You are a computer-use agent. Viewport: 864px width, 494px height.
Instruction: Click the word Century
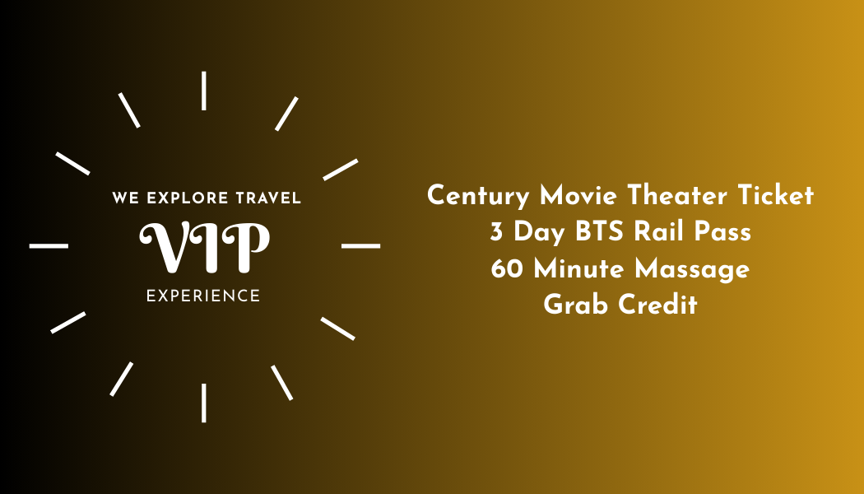click(478, 197)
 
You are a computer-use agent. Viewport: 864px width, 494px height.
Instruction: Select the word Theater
click(677, 195)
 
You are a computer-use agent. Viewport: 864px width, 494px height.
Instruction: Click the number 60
click(507, 269)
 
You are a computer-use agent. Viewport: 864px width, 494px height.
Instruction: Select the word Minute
click(578, 268)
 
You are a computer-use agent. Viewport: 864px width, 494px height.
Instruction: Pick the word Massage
click(692, 270)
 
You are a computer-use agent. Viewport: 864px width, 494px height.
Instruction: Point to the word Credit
click(658, 305)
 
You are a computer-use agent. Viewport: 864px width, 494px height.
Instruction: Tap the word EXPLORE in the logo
click(188, 198)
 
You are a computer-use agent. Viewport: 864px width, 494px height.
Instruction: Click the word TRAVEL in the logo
click(268, 198)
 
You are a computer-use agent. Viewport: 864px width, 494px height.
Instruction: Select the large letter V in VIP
click(167, 247)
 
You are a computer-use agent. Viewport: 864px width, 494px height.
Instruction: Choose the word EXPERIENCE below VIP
click(203, 296)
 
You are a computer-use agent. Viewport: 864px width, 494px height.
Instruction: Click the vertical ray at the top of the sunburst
click(204, 91)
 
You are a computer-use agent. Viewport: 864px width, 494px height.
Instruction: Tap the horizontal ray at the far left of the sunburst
click(49, 246)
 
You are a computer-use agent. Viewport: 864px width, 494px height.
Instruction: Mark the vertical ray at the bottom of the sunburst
click(204, 403)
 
